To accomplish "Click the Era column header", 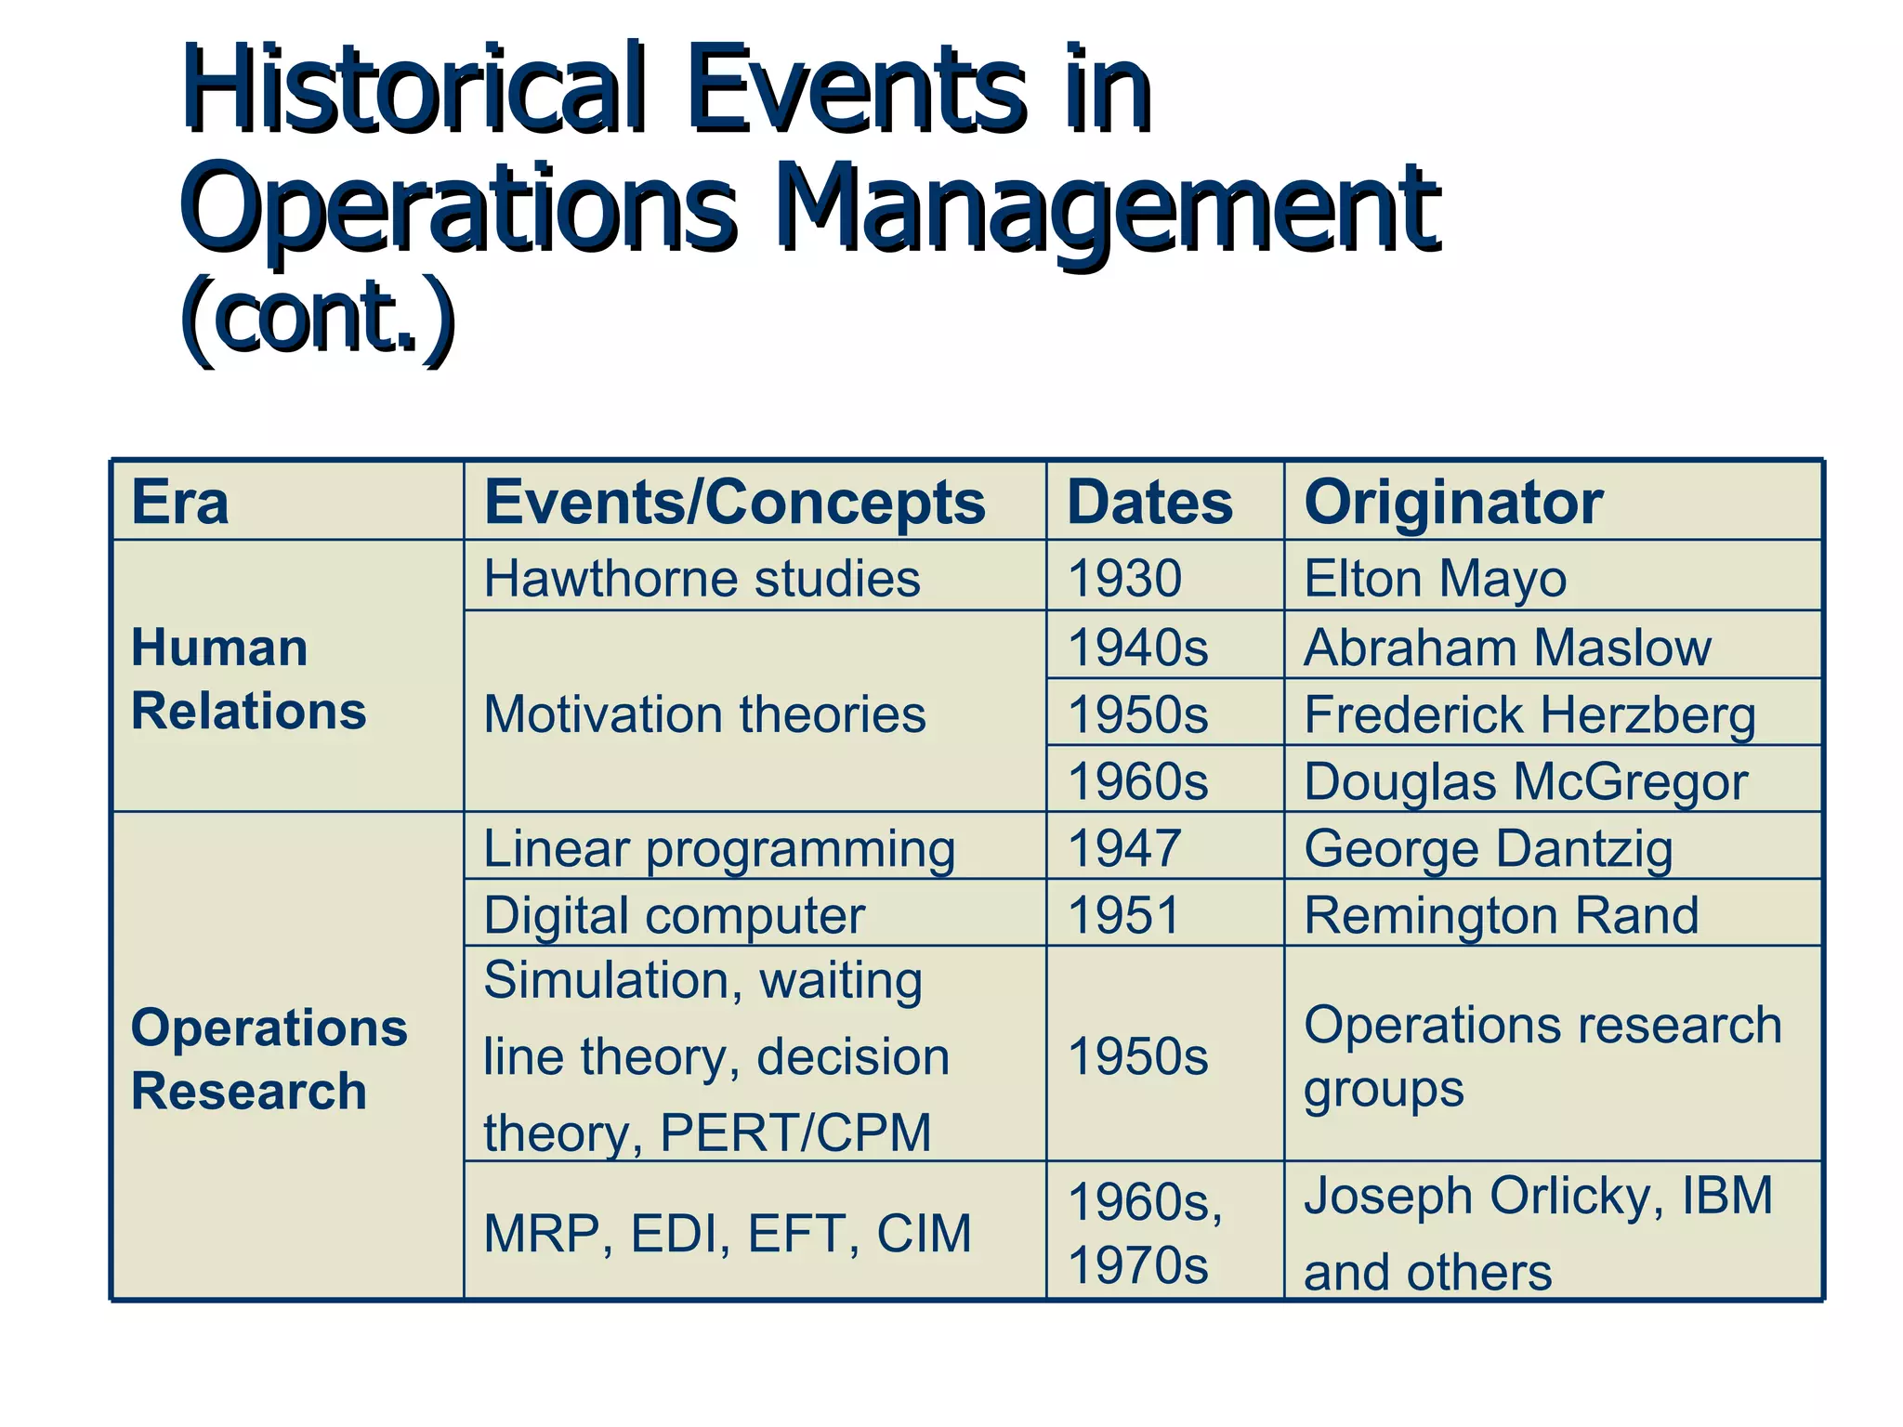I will [179, 503].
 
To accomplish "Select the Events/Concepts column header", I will [734, 503].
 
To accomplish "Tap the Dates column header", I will [1149, 503].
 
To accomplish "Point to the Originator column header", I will [1453, 503].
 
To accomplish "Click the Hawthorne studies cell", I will [702, 578].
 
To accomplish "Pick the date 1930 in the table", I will [1124, 578].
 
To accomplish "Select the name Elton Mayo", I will [1435, 578].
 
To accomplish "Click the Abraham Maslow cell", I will [1506, 647].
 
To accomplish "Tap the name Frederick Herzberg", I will [1529, 714].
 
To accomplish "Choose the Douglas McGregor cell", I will [1525, 781].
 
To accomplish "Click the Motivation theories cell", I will [704, 714].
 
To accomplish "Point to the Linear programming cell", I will [719, 848].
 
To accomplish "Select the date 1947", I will [1124, 848].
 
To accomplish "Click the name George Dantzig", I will [1488, 848].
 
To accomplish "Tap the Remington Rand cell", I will [1501, 915].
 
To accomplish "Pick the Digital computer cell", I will [674, 915].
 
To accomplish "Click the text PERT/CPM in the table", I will [794, 1132].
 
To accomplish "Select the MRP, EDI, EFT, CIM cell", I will [727, 1234].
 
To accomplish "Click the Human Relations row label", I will [248, 679].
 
